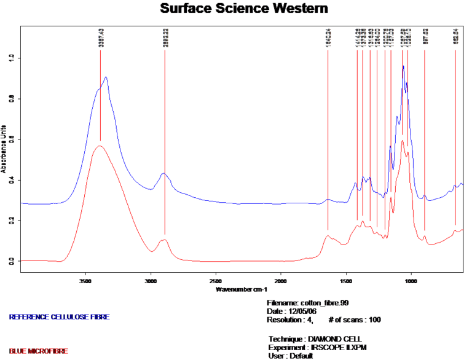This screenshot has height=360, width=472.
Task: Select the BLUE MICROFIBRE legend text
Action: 39,351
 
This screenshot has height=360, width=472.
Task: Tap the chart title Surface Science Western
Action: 244,9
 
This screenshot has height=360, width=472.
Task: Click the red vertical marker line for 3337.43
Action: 100,98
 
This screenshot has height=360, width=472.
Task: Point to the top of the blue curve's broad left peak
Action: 106,77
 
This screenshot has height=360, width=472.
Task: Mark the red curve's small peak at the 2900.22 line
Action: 164,240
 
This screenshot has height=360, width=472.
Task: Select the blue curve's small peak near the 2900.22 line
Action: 163,173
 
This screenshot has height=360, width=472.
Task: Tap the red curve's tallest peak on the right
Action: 403,141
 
